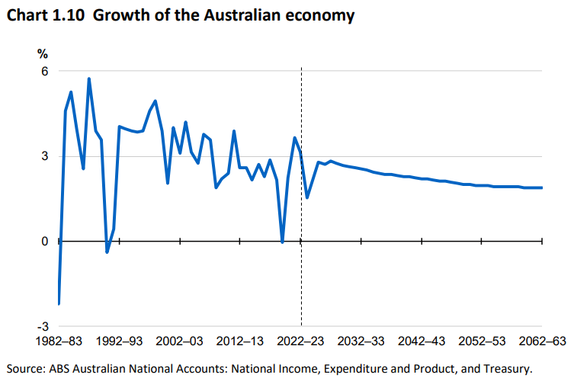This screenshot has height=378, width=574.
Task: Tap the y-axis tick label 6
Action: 44,71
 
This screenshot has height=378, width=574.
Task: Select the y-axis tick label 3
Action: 44,156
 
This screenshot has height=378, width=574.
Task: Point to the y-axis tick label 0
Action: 44,242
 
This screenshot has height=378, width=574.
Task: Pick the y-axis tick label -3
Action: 42,326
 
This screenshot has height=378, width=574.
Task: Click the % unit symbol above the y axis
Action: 43,53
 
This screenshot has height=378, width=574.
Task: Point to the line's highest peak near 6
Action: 89,78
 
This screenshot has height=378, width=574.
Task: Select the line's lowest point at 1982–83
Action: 59,303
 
